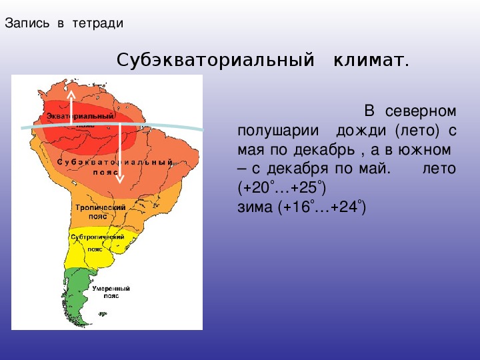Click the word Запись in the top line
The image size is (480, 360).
click(27, 23)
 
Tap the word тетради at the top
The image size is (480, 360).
click(98, 23)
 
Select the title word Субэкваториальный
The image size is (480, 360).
click(215, 60)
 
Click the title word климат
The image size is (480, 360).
click(371, 60)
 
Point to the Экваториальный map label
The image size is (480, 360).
click(80, 116)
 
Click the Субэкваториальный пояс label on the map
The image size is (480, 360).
click(115, 167)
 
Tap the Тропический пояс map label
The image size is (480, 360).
click(100, 212)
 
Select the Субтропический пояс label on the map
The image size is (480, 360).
click(97, 243)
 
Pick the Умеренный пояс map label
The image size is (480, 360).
click(111, 292)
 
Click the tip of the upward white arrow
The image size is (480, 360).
click(71, 90)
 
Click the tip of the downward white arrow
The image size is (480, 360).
click(120, 183)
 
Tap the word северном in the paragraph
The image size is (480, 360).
click(421, 111)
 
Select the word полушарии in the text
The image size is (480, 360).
click(278, 131)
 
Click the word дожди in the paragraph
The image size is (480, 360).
click(361, 131)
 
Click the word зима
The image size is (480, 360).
click(255, 207)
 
